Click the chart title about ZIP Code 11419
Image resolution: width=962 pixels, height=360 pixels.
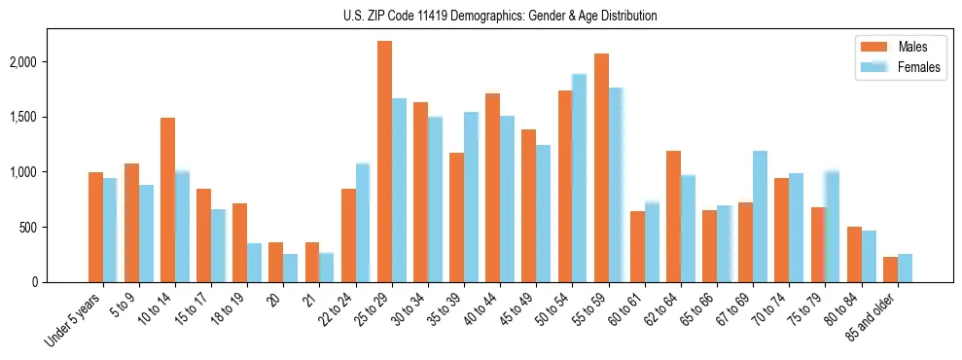(500, 16)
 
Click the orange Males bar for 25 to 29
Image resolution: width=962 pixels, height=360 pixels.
(384, 162)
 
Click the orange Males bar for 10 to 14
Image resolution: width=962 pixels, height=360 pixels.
(167, 200)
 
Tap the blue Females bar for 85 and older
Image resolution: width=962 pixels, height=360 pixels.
(905, 269)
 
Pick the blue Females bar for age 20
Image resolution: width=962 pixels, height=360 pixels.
(291, 269)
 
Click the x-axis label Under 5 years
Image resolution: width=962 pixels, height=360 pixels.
(71, 320)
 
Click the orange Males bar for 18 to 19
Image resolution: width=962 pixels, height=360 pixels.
(240, 243)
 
